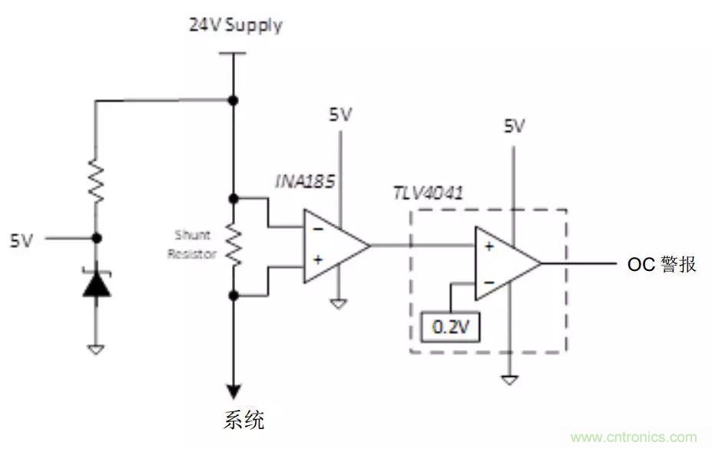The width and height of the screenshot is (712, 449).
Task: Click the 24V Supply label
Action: click(236, 25)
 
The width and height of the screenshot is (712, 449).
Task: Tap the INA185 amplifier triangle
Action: click(334, 246)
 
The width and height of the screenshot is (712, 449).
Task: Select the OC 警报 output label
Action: click(662, 265)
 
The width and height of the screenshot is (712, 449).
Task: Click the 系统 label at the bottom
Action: click(243, 420)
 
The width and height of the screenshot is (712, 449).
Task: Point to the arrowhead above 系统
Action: click(233, 391)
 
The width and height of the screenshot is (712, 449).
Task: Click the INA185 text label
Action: click(300, 181)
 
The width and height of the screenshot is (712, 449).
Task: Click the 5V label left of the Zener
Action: click(22, 240)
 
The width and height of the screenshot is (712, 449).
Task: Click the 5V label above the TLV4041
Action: click(514, 126)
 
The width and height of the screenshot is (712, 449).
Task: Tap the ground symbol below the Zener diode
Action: click(96, 349)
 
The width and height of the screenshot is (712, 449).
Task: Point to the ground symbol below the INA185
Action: click(338, 304)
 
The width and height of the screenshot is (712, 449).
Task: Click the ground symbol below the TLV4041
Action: click(508, 379)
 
